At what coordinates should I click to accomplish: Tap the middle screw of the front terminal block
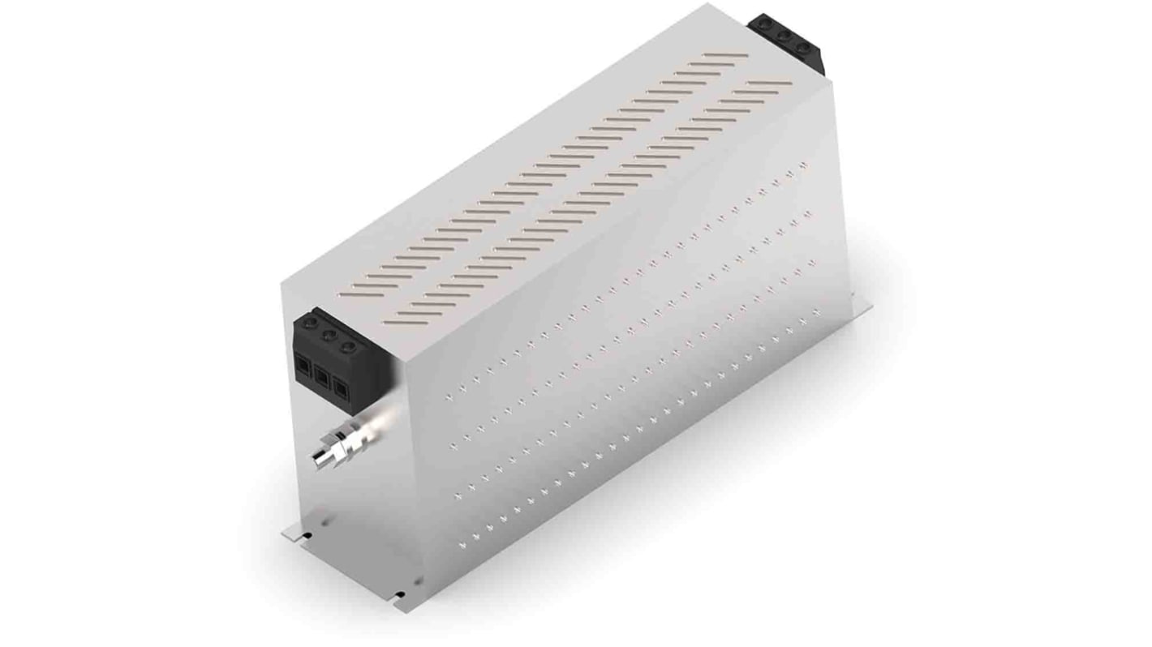[329, 335]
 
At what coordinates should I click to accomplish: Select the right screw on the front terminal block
[349, 346]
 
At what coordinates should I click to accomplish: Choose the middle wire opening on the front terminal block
[322, 377]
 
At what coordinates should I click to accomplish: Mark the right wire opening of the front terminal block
[342, 388]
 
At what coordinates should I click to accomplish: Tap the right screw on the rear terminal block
[804, 47]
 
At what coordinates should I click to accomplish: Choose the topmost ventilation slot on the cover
[725, 56]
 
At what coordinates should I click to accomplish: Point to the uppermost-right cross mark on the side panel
[803, 164]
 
